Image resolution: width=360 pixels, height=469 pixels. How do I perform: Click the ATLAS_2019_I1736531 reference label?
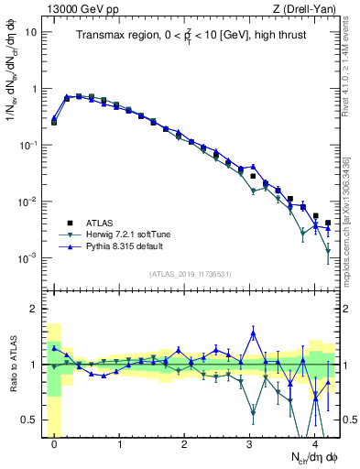191,274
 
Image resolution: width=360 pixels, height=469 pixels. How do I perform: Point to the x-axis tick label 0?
55,443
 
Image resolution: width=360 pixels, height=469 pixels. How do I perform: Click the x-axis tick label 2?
185,443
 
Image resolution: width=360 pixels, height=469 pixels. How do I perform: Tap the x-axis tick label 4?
315,443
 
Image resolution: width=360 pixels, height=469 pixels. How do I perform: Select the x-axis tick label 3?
250,443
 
